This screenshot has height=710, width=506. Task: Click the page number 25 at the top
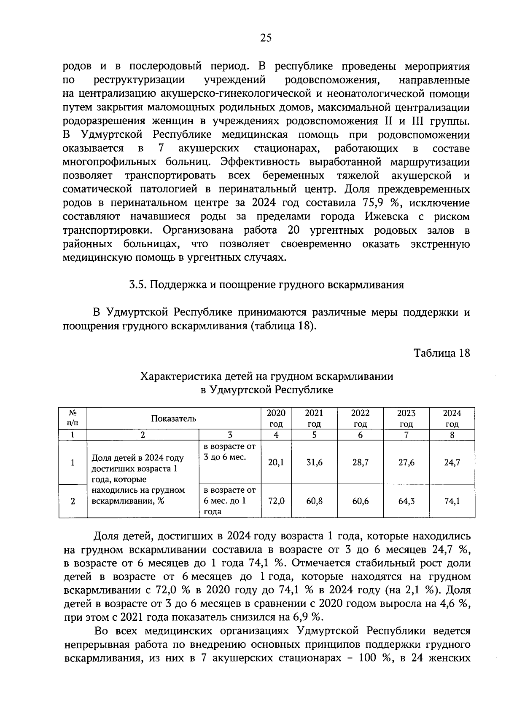[266, 38]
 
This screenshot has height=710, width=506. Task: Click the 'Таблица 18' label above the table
[441, 353]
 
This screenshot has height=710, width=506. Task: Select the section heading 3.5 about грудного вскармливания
[266, 285]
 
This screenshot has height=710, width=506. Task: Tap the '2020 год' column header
[276, 418]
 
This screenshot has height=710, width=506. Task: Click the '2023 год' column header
[406, 418]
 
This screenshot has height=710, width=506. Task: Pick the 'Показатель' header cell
[174, 419]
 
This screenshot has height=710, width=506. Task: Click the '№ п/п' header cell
[73, 418]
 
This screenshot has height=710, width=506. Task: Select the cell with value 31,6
[314, 462]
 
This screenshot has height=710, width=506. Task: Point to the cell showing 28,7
[360, 462]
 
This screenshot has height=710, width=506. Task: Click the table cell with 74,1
[452, 501]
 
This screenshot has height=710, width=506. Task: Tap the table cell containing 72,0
[276, 501]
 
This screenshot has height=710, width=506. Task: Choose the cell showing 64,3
[406, 501]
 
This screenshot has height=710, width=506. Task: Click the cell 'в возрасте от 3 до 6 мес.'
[229, 452]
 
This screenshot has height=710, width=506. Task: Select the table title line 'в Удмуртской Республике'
[266, 390]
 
